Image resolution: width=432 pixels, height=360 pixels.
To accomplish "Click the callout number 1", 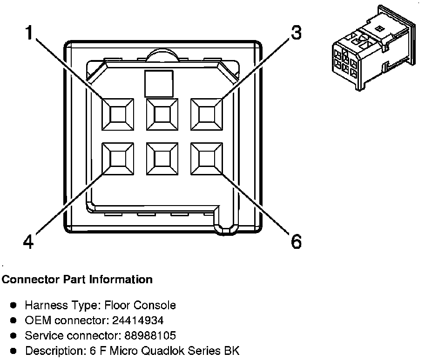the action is tap(30, 33).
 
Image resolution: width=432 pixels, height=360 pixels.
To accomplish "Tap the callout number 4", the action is tap(28, 242).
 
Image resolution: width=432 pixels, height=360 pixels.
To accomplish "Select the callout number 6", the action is tap(296, 242).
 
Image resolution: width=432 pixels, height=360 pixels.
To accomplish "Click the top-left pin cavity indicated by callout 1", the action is tap(118, 114).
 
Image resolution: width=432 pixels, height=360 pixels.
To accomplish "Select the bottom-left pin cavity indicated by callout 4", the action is tap(118, 158).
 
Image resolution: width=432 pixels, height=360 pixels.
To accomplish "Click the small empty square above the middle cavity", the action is tap(159, 83).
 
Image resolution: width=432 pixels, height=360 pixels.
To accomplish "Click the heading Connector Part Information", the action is tap(77, 280).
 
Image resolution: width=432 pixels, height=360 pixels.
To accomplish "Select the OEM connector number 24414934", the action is tap(139, 320).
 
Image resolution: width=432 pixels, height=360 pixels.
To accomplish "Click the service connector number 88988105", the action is tap(148, 335).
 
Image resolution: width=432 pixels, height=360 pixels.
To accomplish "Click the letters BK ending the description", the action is tap(232, 350).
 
